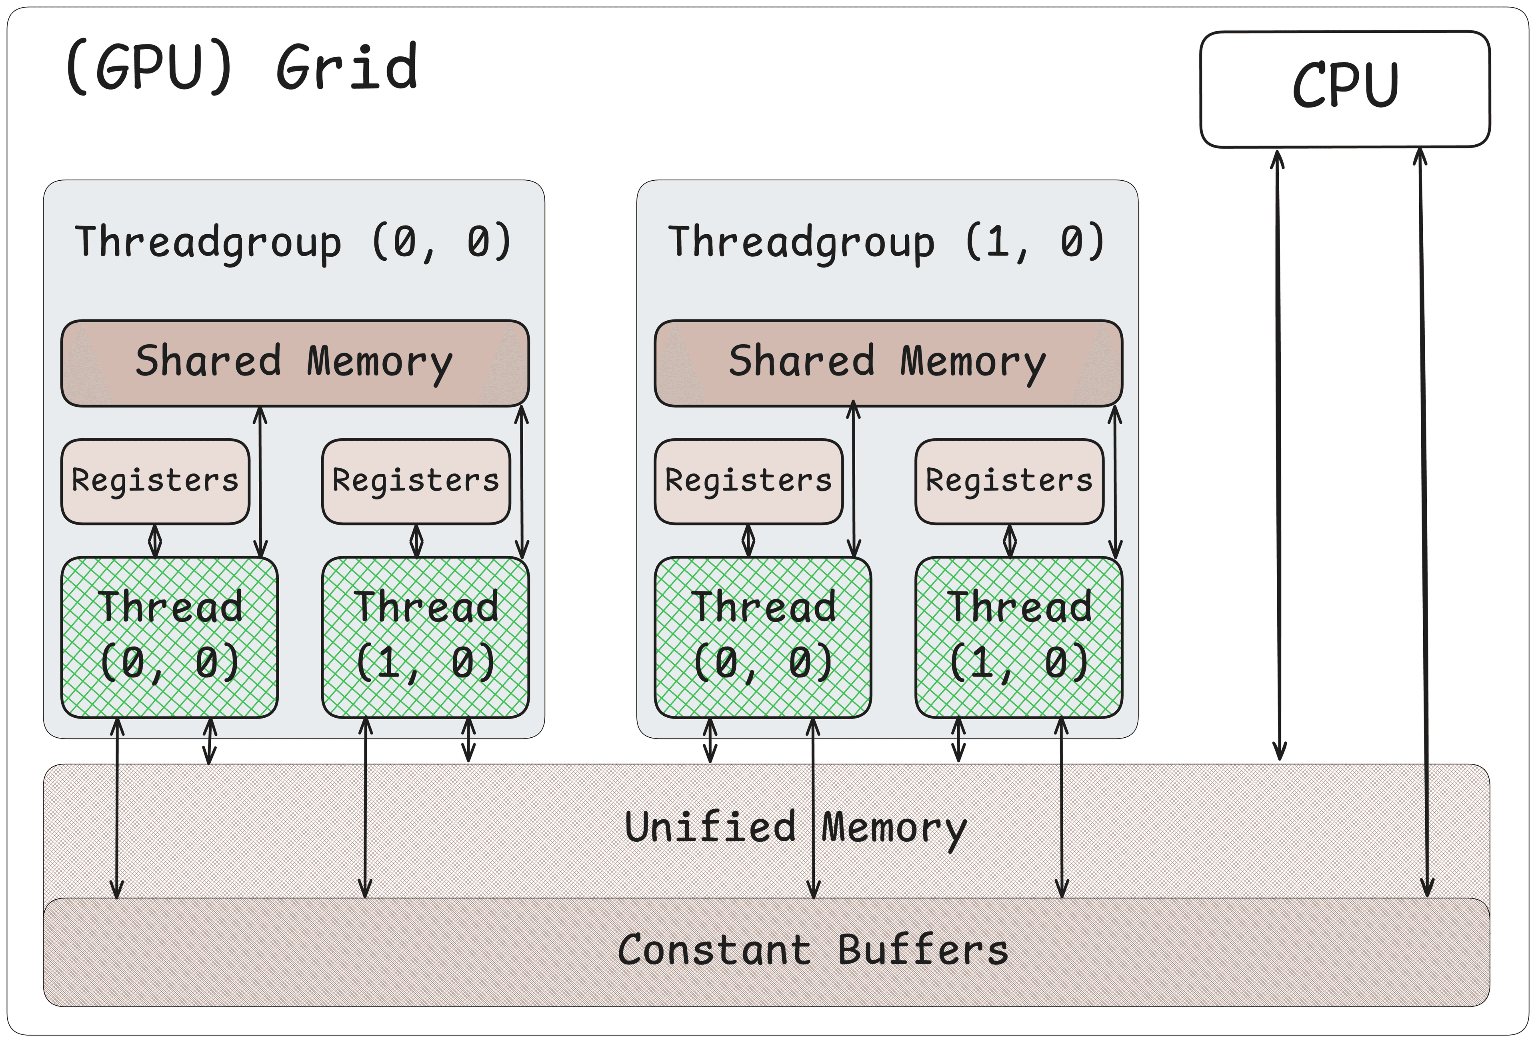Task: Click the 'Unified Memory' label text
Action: pos(795,827)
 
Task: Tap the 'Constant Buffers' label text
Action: pos(812,950)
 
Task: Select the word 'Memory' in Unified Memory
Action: pos(894,828)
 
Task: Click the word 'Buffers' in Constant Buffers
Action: pos(923,950)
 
